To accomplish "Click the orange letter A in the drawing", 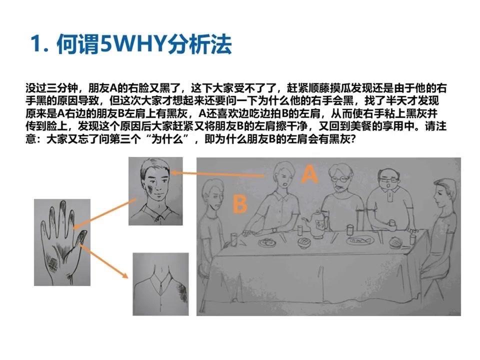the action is point(309,174).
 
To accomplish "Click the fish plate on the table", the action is point(360,240).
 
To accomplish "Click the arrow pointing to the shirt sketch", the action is point(103,260).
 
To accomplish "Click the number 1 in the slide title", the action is point(36,44).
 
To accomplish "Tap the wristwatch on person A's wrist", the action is point(273,230).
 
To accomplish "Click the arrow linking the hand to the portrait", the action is point(104,213).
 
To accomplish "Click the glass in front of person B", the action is point(234,239).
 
